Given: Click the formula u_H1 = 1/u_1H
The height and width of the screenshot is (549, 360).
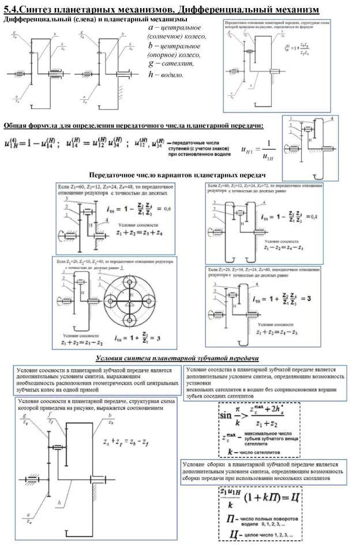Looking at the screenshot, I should (x=257, y=152).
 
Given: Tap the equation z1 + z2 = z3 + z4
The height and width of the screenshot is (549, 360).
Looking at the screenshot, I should (x=139, y=234).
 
